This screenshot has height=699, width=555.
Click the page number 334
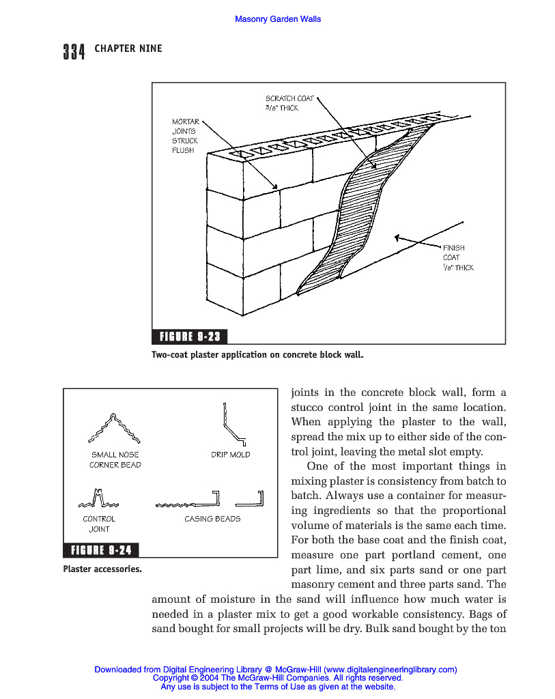(74, 51)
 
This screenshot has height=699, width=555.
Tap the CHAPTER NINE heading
(128, 49)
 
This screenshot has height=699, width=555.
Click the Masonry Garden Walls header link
(278, 19)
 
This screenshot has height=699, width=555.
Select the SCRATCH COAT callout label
(289, 103)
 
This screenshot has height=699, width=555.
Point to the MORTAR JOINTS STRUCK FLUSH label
(185, 136)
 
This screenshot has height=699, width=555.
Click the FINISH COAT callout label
(457, 257)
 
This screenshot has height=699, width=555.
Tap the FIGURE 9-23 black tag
(190, 337)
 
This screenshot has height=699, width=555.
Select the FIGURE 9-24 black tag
(102, 550)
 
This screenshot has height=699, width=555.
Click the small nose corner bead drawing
(115, 428)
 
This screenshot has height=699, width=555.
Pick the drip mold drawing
(232, 423)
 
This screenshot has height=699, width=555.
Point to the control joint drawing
(98, 500)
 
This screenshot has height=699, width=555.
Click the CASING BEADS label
(212, 519)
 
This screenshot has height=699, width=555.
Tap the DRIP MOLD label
(231, 455)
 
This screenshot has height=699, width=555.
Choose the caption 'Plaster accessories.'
(102, 568)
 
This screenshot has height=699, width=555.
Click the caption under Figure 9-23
(257, 355)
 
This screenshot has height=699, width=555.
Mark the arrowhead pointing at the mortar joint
(275, 186)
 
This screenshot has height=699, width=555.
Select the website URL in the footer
(389, 670)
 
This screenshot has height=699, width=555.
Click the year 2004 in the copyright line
(210, 679)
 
